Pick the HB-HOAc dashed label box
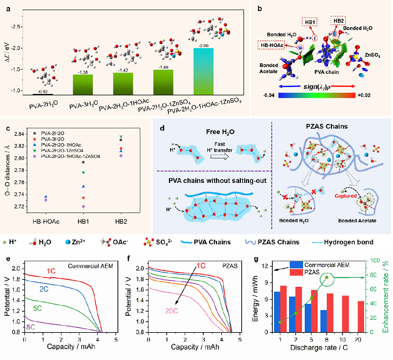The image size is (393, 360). (x=273, y=45)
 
